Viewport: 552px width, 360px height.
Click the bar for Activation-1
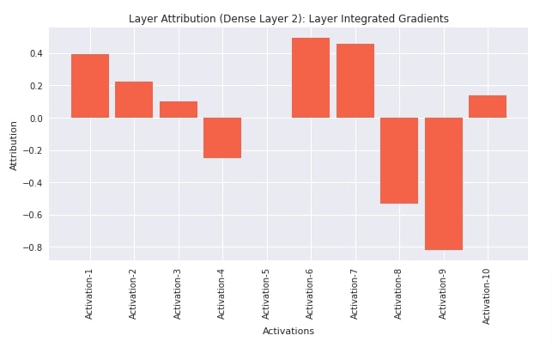click(90, 86)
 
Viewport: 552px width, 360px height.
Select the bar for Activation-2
click(134, 100)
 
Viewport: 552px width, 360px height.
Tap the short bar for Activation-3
click(179, 109)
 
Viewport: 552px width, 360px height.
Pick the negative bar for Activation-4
click(222, 137)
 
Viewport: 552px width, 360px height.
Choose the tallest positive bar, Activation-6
click(311, 77)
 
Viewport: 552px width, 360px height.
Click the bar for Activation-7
click(355, 81)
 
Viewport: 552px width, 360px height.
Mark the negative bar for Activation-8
click(399, 161)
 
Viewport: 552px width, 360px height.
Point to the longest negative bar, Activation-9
click(443, 184)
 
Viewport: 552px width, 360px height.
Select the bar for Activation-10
click(488, 107)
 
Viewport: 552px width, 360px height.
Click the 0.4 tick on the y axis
click(36, 53)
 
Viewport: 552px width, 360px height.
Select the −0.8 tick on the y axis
click(33, 247)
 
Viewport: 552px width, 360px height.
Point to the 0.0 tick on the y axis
click(36, 118)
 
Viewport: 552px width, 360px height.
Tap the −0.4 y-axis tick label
click(33, 183)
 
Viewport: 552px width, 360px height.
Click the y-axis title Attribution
click(14, 145)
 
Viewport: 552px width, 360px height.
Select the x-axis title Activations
click(288, 331)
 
